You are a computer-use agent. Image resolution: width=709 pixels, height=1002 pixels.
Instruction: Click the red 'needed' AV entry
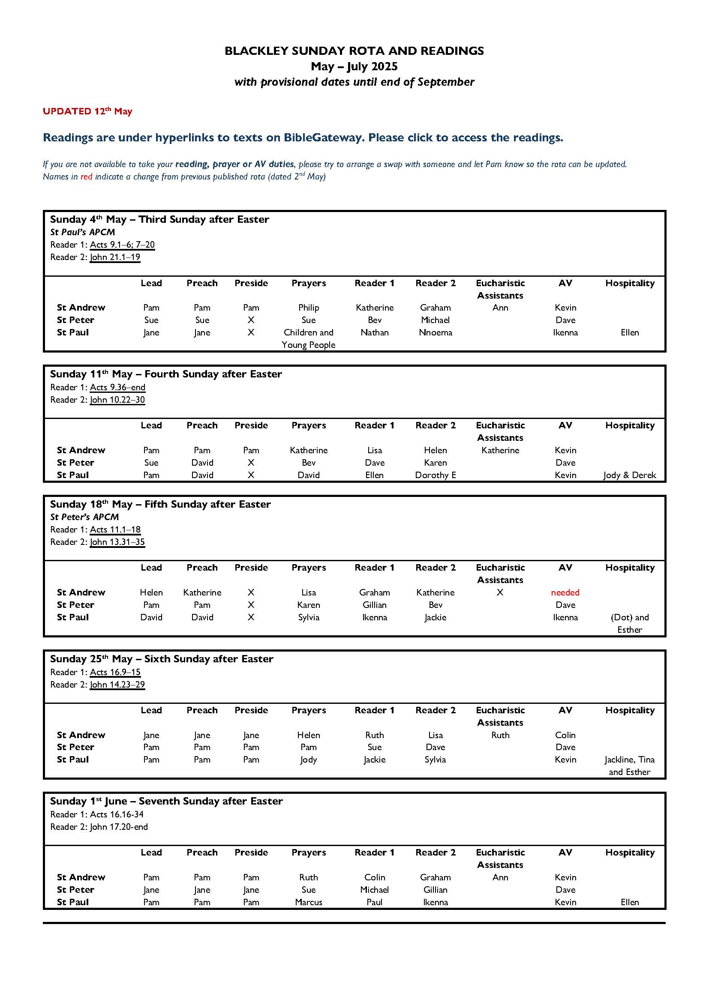[565, 592]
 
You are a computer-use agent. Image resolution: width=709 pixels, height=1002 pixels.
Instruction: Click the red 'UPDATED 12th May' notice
[87, 111]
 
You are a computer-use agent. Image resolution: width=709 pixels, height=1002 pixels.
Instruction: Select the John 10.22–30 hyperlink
[117, 400]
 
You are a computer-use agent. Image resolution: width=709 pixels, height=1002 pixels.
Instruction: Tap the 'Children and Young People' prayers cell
[308, 338]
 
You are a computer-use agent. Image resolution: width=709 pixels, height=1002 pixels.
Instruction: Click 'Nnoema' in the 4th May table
[435, 332]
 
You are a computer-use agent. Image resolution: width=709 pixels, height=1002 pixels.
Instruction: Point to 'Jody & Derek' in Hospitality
[630, 475]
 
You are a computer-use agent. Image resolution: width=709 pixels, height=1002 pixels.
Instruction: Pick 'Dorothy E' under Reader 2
[435, 475]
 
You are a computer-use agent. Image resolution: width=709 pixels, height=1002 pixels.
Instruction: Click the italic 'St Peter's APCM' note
[84, 517]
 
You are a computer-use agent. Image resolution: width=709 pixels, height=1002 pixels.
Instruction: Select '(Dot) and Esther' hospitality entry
[630, 623]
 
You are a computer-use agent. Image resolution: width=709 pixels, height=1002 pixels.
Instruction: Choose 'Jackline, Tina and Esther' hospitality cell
[630, 766]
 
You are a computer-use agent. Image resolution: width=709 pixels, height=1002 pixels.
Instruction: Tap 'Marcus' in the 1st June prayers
[308, 902]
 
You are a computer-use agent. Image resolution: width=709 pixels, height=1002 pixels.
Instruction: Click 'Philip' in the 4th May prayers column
[308, 308]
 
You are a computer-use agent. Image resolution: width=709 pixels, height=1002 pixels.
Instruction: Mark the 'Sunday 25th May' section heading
[162, 659]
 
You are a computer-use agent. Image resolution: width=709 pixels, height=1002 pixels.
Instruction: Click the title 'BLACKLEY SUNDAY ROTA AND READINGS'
[354, 51]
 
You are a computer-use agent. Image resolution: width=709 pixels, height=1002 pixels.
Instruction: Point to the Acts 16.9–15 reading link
[115, 672]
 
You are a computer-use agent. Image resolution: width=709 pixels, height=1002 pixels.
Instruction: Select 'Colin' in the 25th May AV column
[565, 735]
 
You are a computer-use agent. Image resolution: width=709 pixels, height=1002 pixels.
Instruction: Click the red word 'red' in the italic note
[86, 177]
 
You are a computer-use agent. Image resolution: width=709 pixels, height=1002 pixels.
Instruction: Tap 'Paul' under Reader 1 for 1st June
[374, 902]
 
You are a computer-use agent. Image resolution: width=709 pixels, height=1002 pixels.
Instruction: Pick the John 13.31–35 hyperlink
[117, 542]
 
